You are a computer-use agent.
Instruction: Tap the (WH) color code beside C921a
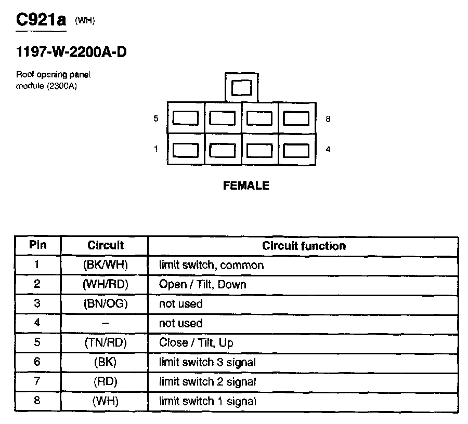tap(85, 21)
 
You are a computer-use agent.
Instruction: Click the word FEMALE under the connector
tap(246, 186)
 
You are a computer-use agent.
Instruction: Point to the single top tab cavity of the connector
tap(241, 87)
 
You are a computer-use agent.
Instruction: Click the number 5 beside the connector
tap(155, 119)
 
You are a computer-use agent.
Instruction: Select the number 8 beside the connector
tap(328, 119)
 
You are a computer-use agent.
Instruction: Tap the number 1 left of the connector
tap(155, 150)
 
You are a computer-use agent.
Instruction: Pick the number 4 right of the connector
tap(328, 150)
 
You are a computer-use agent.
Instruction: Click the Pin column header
tap(37, 245)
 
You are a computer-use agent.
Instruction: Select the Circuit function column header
tap(304, 246)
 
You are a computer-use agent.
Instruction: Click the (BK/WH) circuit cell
tap(105, 265)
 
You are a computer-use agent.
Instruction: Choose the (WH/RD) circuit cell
tap(105, 285)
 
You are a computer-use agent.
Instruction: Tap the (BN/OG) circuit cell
tap(105, 304)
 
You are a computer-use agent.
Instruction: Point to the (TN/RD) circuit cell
tap(105, 343)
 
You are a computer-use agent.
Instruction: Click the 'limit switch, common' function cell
tap(211, 265)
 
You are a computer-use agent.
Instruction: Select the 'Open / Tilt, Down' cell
tap(202, 285)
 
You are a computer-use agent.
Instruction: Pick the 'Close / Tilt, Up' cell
tap(196, 343)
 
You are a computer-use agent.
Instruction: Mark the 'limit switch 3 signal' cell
tap(207, 362)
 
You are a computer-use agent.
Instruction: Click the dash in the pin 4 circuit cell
tap(105, 323)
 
